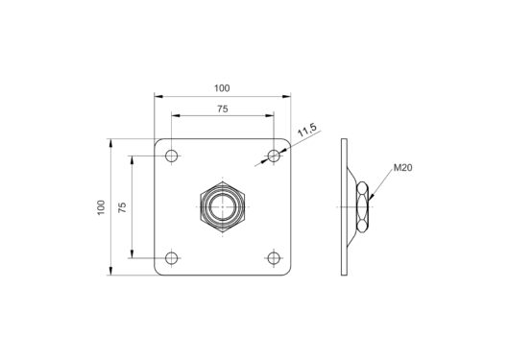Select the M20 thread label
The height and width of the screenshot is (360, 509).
point(402,168)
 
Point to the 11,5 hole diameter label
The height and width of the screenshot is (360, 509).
point(307,130)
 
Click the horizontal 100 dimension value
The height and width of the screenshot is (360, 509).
point(222,88)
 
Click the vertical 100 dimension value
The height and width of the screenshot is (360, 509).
point(101,207)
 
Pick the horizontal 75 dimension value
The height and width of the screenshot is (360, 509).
point(223,109)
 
